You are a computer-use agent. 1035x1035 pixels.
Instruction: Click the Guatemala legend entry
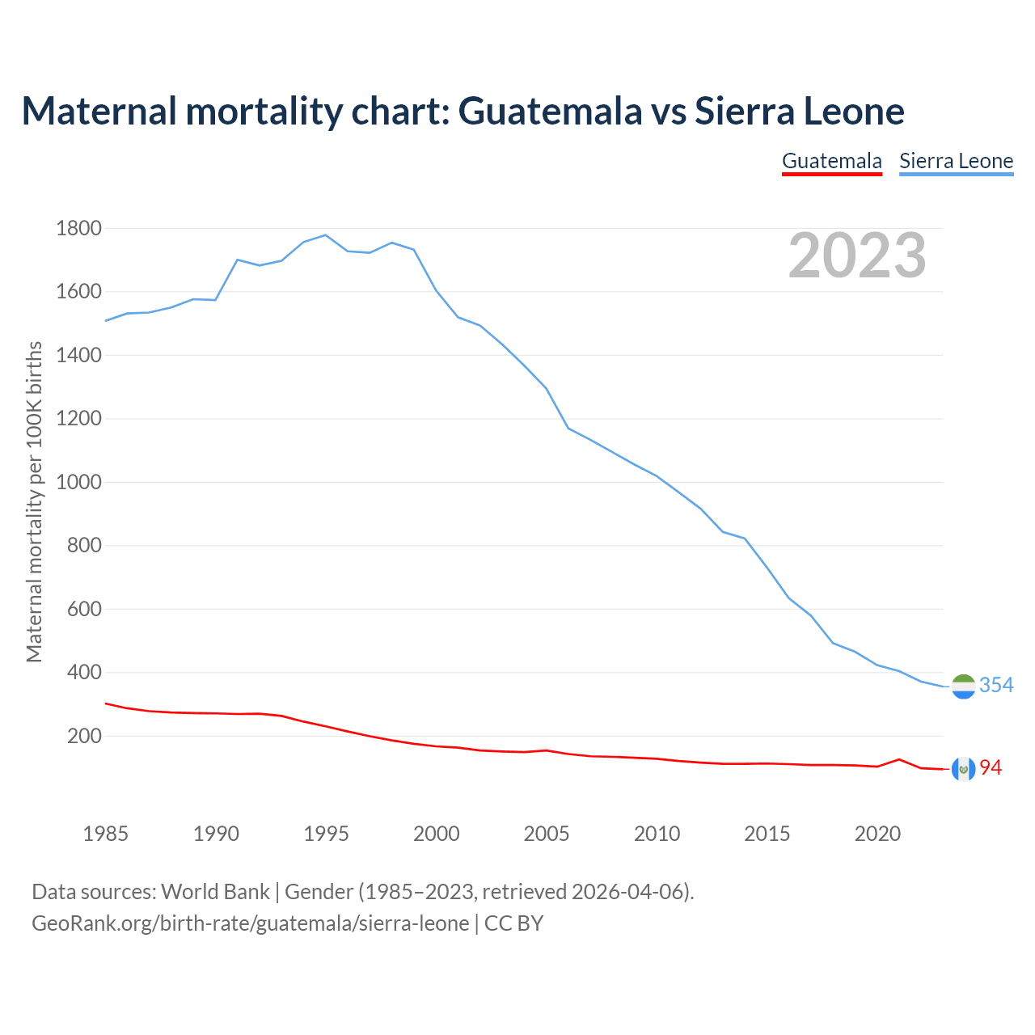tap(831, 161)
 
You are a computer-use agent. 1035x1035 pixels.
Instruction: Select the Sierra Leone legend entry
tap(956, 161)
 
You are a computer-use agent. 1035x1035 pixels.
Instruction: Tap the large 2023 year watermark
tap(857, 256)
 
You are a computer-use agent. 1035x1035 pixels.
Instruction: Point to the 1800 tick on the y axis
tap(78, 229)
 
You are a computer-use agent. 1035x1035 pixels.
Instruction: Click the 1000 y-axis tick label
tap(78, 483)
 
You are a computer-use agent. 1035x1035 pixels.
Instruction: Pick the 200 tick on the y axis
tap(84, 737)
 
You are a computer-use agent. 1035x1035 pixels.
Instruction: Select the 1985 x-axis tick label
tap(105, 834)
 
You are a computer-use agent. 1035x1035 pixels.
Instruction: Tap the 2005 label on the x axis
tap(547, 834)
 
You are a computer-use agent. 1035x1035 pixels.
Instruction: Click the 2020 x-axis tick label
tap(877, 834)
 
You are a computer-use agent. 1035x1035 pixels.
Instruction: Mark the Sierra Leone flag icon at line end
tap(963, 686)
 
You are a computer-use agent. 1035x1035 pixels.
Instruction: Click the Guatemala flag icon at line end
tap(963, 769)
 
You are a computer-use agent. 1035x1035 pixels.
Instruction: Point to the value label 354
tap(996, 686)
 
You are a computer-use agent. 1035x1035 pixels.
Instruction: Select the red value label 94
tap(991, 768)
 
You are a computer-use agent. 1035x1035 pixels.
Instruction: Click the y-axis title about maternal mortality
tap(34, 501)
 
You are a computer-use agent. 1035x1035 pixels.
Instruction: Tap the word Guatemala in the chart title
tap(550, 111)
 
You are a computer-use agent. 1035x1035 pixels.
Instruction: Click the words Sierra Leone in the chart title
tap(799, 111)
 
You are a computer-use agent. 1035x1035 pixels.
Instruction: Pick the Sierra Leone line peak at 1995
tap(325, 235)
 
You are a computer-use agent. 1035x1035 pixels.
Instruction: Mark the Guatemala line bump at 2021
tap(899, 759)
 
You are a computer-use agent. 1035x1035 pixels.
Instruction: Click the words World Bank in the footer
tap(215, 892)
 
